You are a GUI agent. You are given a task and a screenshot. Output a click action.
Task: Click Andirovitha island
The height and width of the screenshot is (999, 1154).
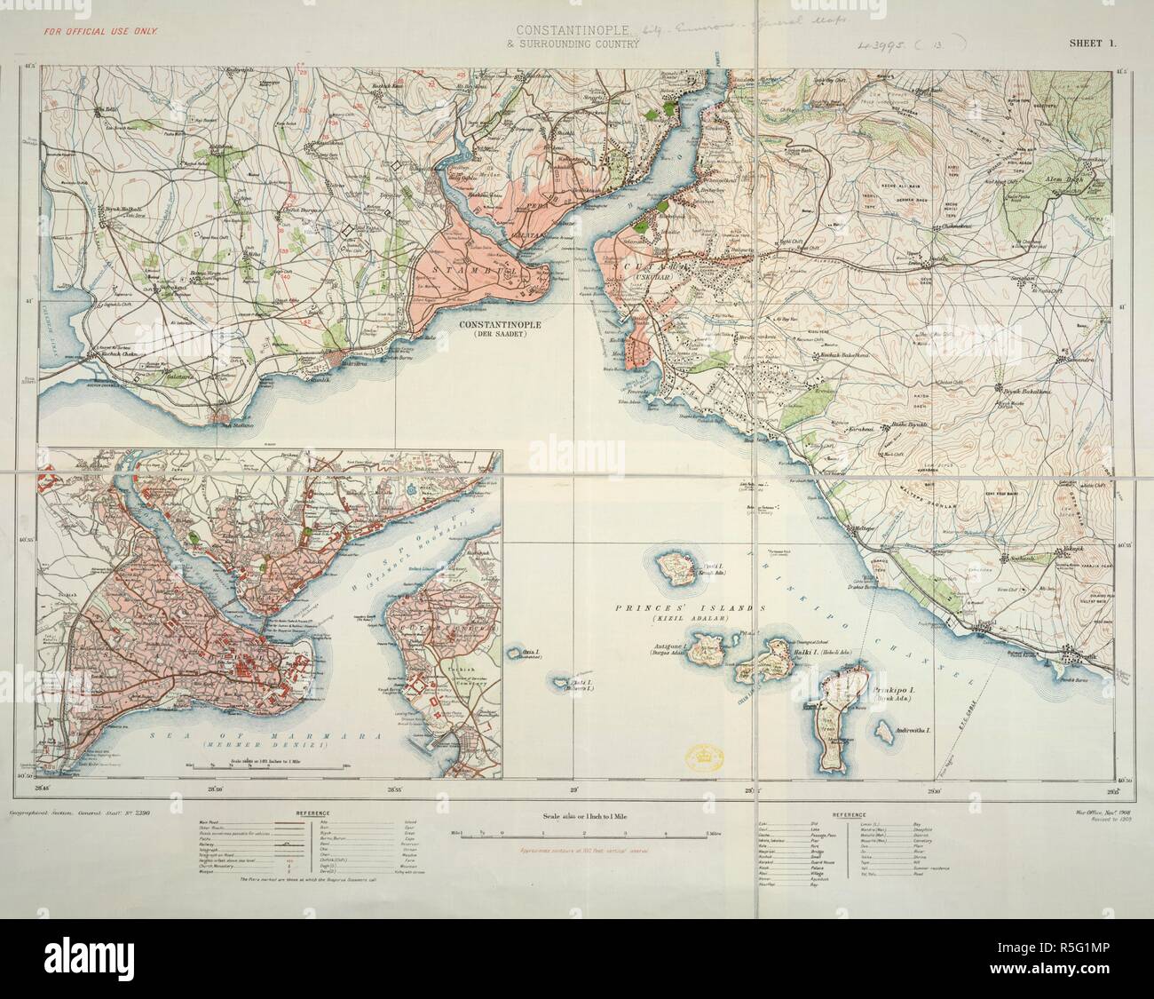[882, 733]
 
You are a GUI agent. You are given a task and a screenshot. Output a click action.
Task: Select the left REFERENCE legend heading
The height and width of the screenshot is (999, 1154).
[315, 813]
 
